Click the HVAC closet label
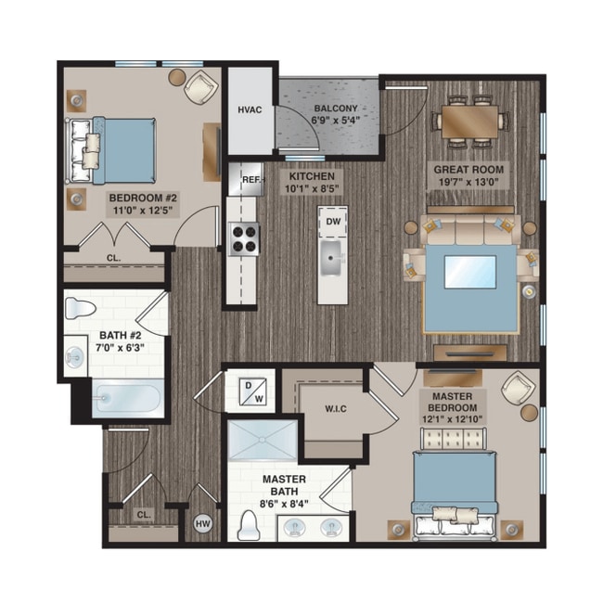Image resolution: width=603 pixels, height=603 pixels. click(x=250, y=110)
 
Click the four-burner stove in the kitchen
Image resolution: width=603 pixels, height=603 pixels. click(x=244, y=238)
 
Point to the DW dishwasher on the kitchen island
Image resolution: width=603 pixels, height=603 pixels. click(x=331, y=222)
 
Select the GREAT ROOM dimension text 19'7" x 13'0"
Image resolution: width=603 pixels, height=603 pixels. click(x=469, y=184)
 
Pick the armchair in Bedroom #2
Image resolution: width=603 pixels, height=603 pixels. click(x=199, y=88)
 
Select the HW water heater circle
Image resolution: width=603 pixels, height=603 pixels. click(x=203, y=524)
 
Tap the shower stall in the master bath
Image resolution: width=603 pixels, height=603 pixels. click(x=265, y=441)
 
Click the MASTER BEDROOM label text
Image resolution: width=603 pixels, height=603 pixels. click(x=455, y=401)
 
